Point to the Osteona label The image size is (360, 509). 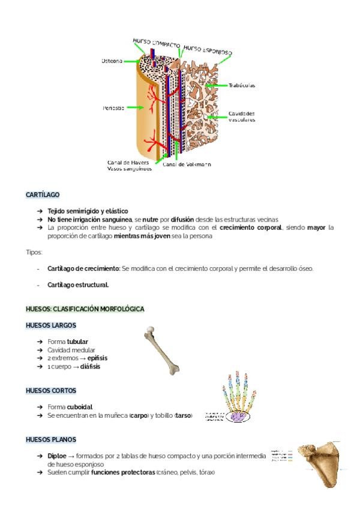pyautogui.click(x=112, y=61)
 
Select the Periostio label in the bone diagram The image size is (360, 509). pyautogui.click(x=113, y=108)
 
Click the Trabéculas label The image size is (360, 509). pyautogui.click(x=242, y=85)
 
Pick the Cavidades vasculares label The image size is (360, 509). pyautogui.click(x=242, y=116)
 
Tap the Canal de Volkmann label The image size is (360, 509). pyautogui.click(x=187, y=164)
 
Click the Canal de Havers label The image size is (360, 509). pyautogui.click(x=128, y=162)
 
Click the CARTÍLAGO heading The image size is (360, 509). pyautogui.click(x=43, y=195)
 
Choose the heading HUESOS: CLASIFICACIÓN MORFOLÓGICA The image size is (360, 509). pyautogui.click(x=85, y=309)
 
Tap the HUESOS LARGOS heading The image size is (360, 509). pyautogui.click(x=51, y=325)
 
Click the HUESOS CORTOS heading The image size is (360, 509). pyautogui.click(x=51, y=390)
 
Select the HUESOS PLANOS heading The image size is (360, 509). pyautogui.click(x=51, y=439)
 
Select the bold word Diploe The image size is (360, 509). pyautogui.click(x=58, y=456)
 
